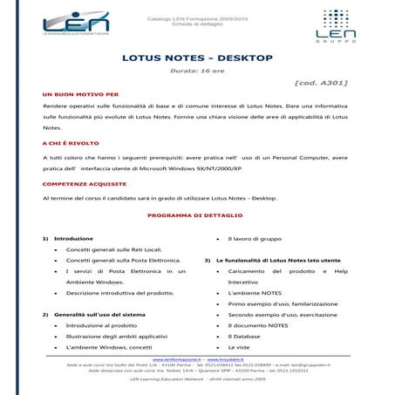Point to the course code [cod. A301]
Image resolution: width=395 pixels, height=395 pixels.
click(321, 83)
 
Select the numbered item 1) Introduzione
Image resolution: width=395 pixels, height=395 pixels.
click(67, 238)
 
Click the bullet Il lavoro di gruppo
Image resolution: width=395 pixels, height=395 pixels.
click(255, 238)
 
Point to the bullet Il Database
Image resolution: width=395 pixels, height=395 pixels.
click(244, 335)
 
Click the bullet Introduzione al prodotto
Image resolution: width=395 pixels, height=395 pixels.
click(100, 324)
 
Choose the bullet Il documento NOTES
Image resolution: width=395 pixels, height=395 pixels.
click(258, 324)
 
